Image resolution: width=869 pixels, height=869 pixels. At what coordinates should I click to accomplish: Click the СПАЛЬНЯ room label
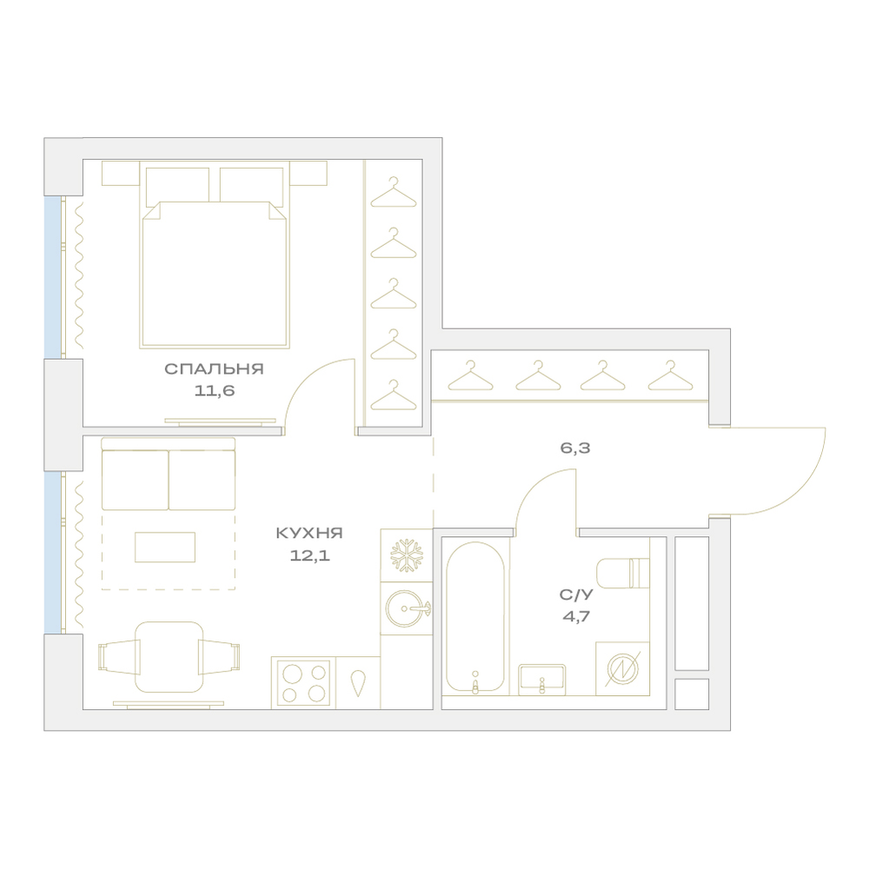pos(214,369)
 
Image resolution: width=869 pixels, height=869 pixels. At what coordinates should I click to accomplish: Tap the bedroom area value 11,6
pos(215,391)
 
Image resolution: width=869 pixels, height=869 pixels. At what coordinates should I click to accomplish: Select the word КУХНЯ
pos(310,534)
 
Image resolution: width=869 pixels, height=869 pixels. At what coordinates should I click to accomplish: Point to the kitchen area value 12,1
pos(310,555)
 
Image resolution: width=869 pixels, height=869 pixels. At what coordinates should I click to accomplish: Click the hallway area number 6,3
pos(575,448)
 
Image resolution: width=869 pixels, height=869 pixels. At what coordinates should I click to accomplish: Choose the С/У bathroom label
pos(576,595)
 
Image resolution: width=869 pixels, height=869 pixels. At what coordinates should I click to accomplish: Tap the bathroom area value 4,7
pos(576,616)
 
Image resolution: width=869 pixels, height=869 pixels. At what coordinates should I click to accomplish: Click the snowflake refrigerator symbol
pos(406,555)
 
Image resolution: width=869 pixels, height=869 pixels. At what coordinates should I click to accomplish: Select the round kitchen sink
pos(407,608)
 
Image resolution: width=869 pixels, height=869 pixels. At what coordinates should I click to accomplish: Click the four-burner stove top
pos(303,683)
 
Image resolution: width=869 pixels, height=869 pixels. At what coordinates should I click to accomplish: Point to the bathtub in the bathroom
pos(475,617)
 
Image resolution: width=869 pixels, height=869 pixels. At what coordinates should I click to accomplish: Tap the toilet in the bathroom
pos(622,573)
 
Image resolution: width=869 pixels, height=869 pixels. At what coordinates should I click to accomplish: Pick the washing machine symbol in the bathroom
pos(622,668)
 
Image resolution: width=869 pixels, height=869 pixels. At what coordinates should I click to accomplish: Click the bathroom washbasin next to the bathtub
pos(542,680)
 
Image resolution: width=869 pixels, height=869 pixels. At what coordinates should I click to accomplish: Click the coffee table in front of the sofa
pos(164,547)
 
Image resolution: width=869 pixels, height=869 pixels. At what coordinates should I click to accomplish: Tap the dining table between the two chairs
pos(169,657)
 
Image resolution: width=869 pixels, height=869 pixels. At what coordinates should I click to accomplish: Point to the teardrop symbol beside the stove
pos(358,683)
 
